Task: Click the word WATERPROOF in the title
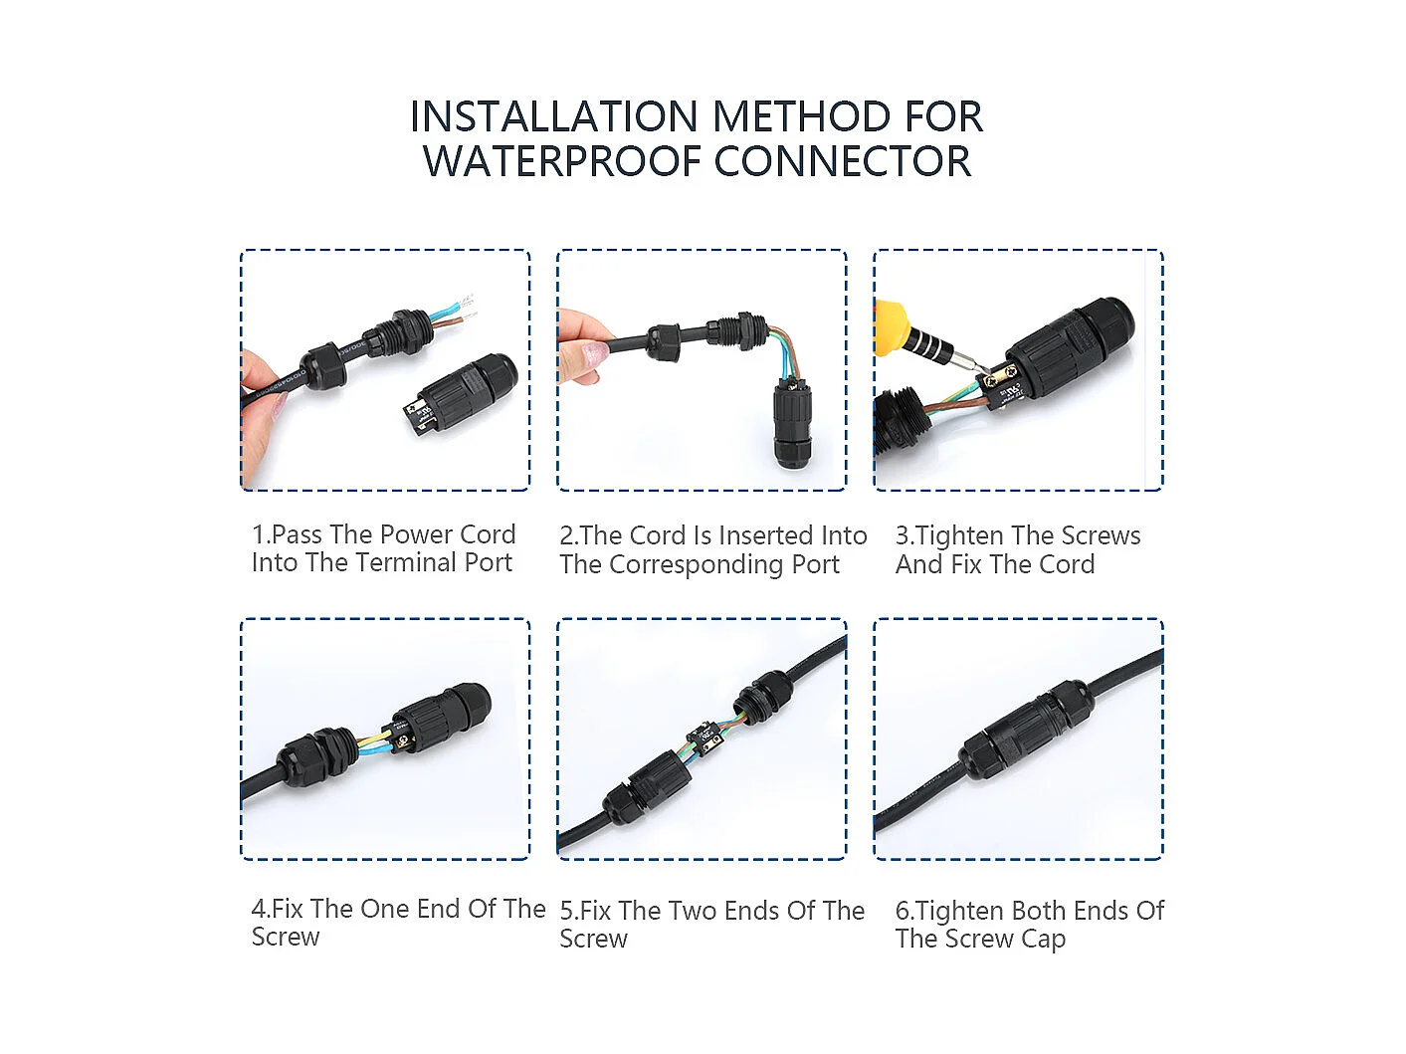(x=561, y=160)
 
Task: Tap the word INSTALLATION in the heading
(x=554, y=116)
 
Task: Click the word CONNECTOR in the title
(x=843, y=160)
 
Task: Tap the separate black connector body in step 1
(x=461, y=395)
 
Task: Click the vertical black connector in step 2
(x=793, y=424)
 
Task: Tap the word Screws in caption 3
(x=1101, y=535)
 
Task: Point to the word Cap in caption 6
(x=1043, y=940)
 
